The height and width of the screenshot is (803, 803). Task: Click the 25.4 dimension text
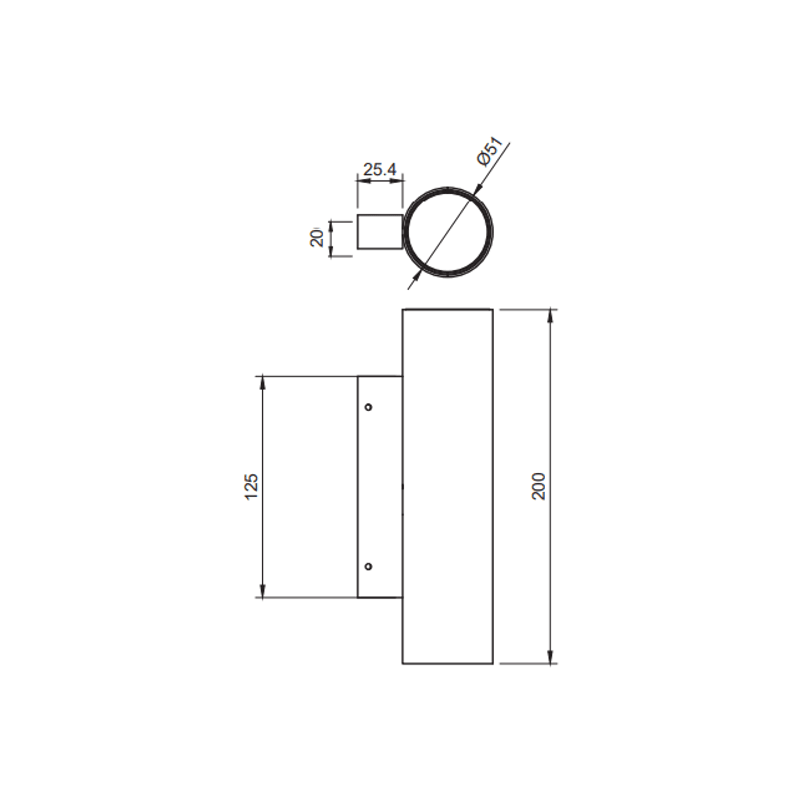tap(379, 170)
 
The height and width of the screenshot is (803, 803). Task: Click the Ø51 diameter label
tap(490, 151)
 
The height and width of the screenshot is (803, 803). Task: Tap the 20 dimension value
tap(317, 238)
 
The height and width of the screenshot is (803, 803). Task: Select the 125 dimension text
tap(252, 487)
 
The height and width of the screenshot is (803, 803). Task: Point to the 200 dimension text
tap(539, 486)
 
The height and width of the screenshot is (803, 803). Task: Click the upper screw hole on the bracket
tap(368, 407)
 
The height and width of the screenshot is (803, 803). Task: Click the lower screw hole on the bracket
tap(368, 566)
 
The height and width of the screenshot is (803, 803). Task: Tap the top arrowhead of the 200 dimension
tap(551, 316)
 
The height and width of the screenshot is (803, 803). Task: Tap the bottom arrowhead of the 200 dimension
tap(551, 657)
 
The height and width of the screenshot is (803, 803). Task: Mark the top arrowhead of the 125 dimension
tap(262, 383)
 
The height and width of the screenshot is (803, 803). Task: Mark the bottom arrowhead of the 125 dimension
tap(262, 591)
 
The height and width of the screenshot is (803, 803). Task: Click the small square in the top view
tap(380, 232)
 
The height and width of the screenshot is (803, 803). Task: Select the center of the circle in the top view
tap(448, 232)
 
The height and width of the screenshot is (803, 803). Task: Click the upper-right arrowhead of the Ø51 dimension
tap(478, 190)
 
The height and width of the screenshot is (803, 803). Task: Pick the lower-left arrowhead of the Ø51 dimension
tap(417, 275)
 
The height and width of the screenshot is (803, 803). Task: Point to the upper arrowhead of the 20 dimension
tap(331, 227)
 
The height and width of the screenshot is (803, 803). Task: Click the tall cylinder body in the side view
tap(447, 486)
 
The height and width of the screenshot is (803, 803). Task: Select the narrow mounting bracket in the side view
tap(380, 487)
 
